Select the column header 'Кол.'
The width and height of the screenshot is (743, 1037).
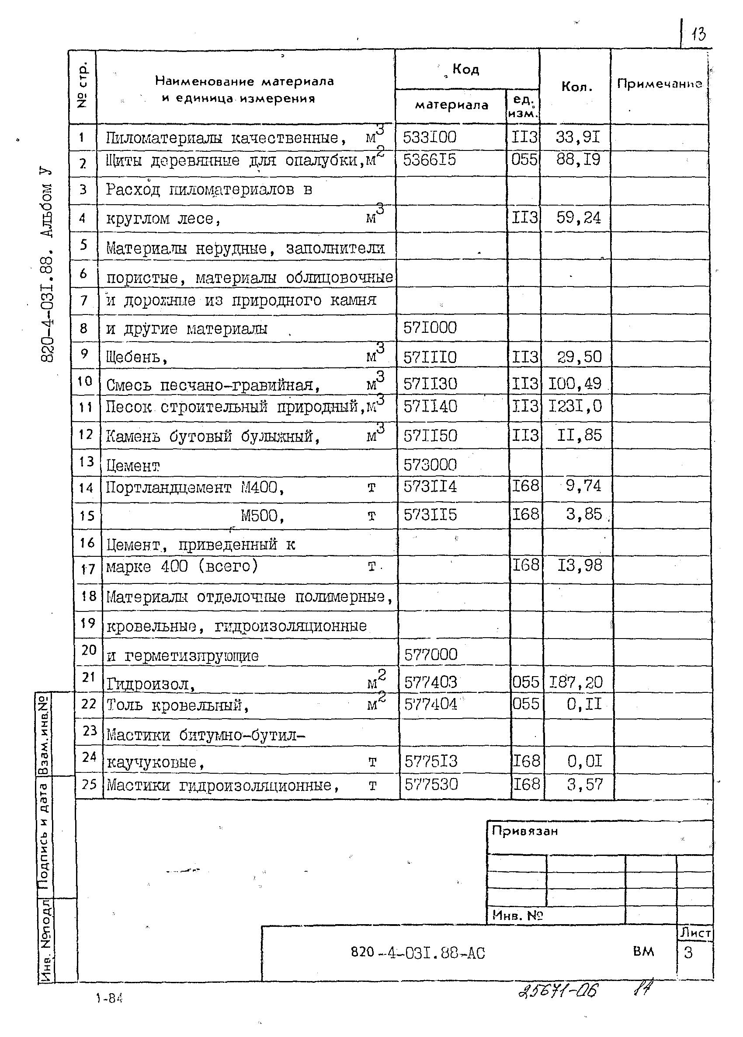576,87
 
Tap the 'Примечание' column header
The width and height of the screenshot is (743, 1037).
660,84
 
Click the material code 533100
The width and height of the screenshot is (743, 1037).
429,137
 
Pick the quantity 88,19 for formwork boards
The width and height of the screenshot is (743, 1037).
578,160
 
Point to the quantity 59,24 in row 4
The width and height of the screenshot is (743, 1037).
578,218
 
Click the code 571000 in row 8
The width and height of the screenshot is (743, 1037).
430,328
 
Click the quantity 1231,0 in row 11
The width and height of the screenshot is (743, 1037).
575,406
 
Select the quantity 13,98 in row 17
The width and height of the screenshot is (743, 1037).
580,566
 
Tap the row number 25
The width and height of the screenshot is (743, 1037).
89,785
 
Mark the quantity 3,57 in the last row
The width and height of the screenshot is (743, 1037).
584,785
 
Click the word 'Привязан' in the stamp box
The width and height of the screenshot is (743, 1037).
524,831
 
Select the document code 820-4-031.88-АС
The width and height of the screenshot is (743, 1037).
418,953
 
